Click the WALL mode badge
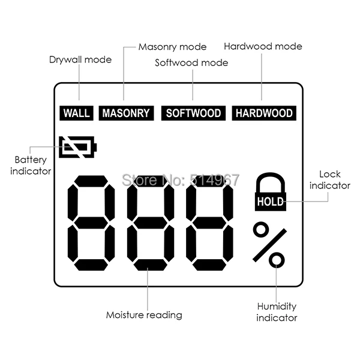(76, 113)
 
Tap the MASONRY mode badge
(125, 113)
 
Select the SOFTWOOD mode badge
(193, 113)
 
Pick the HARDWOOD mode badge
(263, 113)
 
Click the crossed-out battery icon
(77, 146)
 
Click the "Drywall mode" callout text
(80, 60)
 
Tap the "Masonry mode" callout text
(172, 47)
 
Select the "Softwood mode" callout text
(191, 62)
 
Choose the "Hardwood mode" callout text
(263, 46)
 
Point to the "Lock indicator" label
(329, 180)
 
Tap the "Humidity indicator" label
(277, 312)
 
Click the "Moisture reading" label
(144, 314)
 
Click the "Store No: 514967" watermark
(181, 179)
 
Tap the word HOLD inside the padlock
(271, 202)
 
